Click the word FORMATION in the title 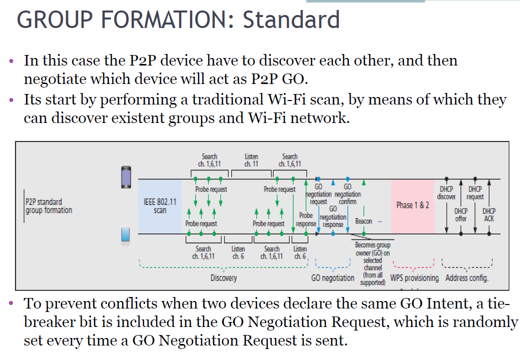pyautogui.click(x=161, y=19)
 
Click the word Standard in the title pyautogui.click(x=291, y=19)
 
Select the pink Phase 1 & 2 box pyautogui.click(x=412, y=205)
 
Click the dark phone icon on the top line pyautogui.click(x=126, y=177)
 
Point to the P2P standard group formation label pyautogui.click(x=49, y=206)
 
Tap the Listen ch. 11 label pyautogui.click(x=251, y=160)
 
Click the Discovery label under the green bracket pyautogui.click(x=223, y=278)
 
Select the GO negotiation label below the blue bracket pyautogui.click(x=332, y=278)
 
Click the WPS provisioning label pyautogui.click(x=414, y=278)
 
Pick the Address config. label pyautogui.click(x=467, y=278)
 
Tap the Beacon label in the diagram pyautogui.click(x=363, y=221)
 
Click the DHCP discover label pyautogui.click(x=446, y=193)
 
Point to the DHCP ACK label pyautogui.click(x=489, y=215)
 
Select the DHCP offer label pyautogui.click(x=460, y=215)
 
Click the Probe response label pyautogui.click(x=306, y=219)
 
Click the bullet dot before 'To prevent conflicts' pyautogui.click(x=13, y=303)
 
